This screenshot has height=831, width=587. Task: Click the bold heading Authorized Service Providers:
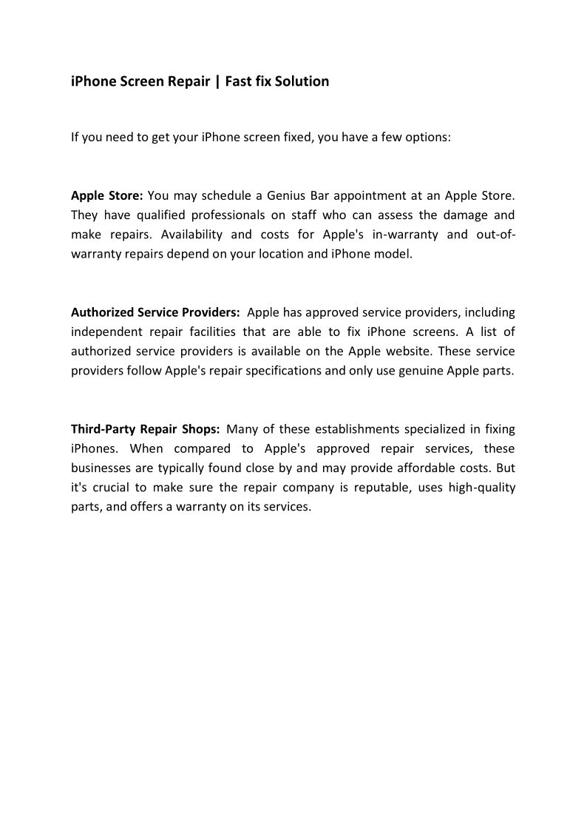point(155,312)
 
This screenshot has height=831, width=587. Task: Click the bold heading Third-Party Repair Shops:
point(146,429)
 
